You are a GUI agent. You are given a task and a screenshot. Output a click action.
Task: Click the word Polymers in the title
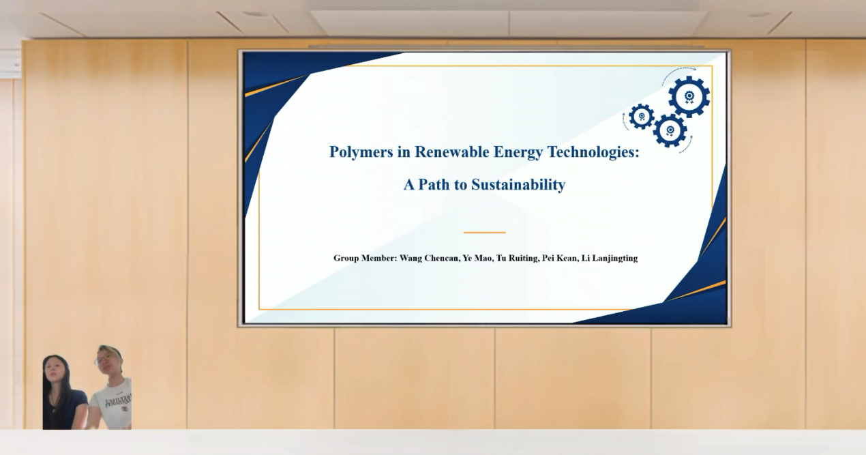coord(361,152)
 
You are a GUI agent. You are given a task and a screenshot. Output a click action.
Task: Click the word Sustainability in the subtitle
coord(518,185)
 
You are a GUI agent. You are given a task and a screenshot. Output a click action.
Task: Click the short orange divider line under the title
coord(484,233)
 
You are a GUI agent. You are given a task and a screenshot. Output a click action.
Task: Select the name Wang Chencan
coord(429,258)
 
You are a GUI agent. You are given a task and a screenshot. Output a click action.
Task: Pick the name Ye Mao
coord(478,258)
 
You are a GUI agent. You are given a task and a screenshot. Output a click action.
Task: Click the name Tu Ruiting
coord(518,258)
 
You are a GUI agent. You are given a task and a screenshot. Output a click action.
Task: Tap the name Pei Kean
coord(561,258)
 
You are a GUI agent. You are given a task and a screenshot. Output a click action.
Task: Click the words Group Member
coord(364,258)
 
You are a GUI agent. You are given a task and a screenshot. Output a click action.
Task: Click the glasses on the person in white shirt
coord(103,359)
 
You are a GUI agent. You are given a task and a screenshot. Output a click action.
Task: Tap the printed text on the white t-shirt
coord(119,401)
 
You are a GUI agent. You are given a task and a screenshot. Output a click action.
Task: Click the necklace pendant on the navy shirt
coord(55,407)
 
